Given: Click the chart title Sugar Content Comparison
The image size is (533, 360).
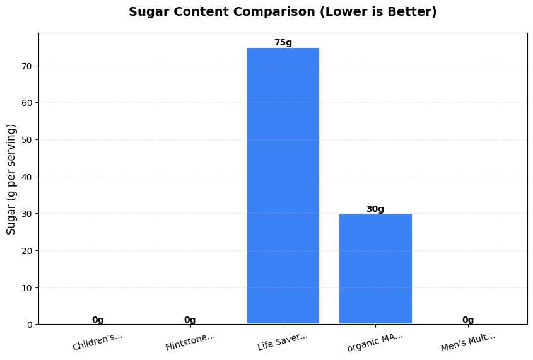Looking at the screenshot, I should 283,12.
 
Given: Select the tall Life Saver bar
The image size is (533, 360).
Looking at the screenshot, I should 283,186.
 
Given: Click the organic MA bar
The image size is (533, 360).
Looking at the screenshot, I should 375,269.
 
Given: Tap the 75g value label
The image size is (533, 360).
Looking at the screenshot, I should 283,43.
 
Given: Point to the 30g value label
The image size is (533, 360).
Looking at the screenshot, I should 375,209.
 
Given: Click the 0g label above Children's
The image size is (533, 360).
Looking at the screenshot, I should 98,320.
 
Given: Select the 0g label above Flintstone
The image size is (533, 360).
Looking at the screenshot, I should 190,320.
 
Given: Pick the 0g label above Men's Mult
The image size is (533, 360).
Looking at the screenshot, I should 468,320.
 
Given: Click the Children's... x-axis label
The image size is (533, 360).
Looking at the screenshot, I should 98,341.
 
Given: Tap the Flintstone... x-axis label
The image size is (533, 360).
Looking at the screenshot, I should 190,341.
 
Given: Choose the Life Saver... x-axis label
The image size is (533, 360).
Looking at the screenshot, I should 283,341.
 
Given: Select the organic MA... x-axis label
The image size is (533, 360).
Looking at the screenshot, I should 375,341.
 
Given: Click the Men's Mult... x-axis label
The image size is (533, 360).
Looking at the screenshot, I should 468,341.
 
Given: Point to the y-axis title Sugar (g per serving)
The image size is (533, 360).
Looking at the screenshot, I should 11,179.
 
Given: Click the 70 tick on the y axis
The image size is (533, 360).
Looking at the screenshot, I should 27,66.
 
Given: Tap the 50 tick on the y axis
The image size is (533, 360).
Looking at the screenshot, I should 27,140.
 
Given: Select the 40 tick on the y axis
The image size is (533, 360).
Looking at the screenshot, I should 27,177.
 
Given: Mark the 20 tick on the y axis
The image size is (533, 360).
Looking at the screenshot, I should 27,251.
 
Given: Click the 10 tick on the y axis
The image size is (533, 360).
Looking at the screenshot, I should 27,287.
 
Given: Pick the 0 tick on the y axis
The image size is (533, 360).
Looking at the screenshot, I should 30,325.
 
